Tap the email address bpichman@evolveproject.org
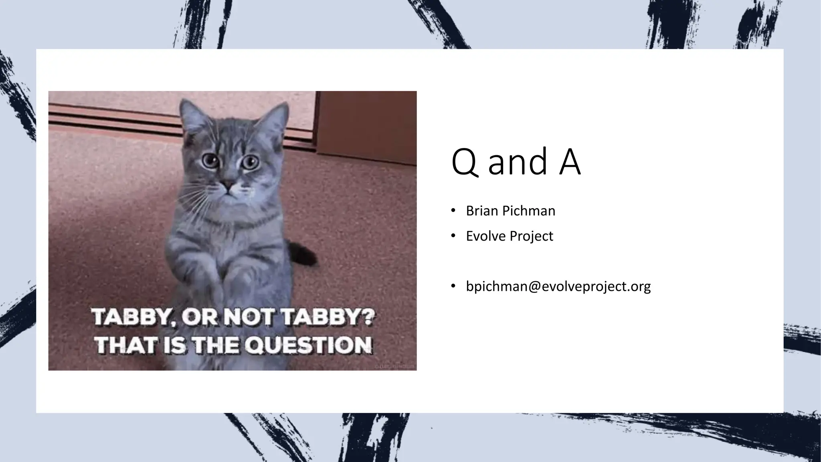tap(558, 286)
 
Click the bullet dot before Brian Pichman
tap(453, 211)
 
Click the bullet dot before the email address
tap(453, 286)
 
